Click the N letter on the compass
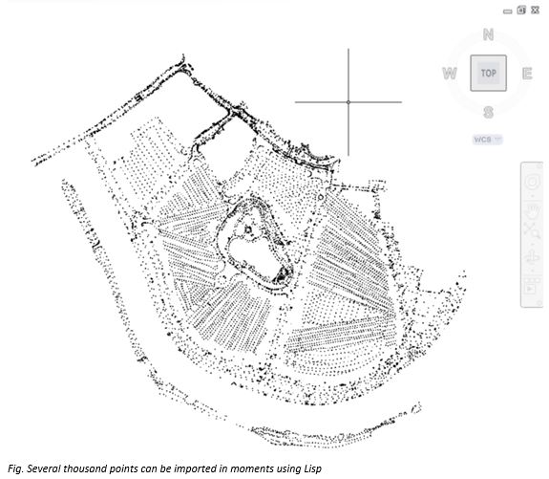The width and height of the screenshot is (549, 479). pos(489,34)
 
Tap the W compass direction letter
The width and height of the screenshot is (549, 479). pos(450,74)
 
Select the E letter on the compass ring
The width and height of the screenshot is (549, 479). pos(527,74)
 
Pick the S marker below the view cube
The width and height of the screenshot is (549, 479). pos(489,113)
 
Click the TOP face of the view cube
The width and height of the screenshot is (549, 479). pos(489,73)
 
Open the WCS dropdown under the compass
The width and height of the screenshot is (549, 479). pos(487,140)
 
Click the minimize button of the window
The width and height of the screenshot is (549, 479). pos(507,11)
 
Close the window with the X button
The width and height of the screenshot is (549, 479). pos(535,11)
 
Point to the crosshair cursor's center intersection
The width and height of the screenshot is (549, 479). pos(348,102)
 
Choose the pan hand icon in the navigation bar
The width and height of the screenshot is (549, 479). pos(533,210)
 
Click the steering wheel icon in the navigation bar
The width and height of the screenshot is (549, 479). pos(532,182)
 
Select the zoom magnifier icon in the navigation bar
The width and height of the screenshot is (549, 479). pos(532,230)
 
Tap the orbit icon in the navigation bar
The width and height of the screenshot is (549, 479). pos(532,256)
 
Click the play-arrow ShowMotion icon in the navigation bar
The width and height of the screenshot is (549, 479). pos(530,289)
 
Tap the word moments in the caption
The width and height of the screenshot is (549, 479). pos(251,468)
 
